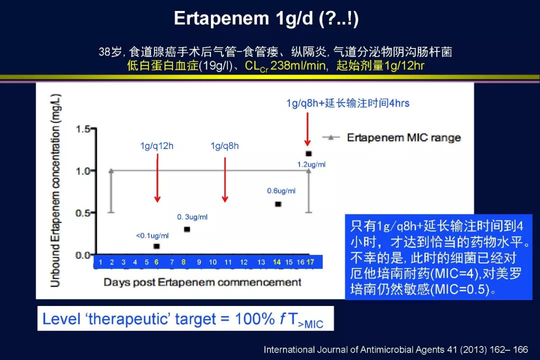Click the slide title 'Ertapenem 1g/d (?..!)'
coord(266,18)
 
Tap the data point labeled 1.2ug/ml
coord(308,153)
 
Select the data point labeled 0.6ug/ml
coord(278,204)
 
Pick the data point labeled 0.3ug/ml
coord(187,229)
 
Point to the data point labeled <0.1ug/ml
coord(156,246)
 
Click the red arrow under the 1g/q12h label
coord(157,178)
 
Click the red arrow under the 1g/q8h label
coord(225,179)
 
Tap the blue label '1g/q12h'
coord(156,146)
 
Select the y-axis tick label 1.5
coord(83,129)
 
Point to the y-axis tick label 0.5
coord(83,213)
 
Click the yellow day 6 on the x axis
coord(156,262)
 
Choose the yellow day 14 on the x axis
coord(276,262)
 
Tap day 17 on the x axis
coord(310,262)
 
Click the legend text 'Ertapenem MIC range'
coord(403,138)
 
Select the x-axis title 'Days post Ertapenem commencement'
coord(202,282)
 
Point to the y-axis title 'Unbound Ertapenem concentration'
coord(56,190)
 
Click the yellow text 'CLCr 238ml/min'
coord(285,66)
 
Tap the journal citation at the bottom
coord(395,349)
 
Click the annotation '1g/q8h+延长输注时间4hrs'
coord(348,103)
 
